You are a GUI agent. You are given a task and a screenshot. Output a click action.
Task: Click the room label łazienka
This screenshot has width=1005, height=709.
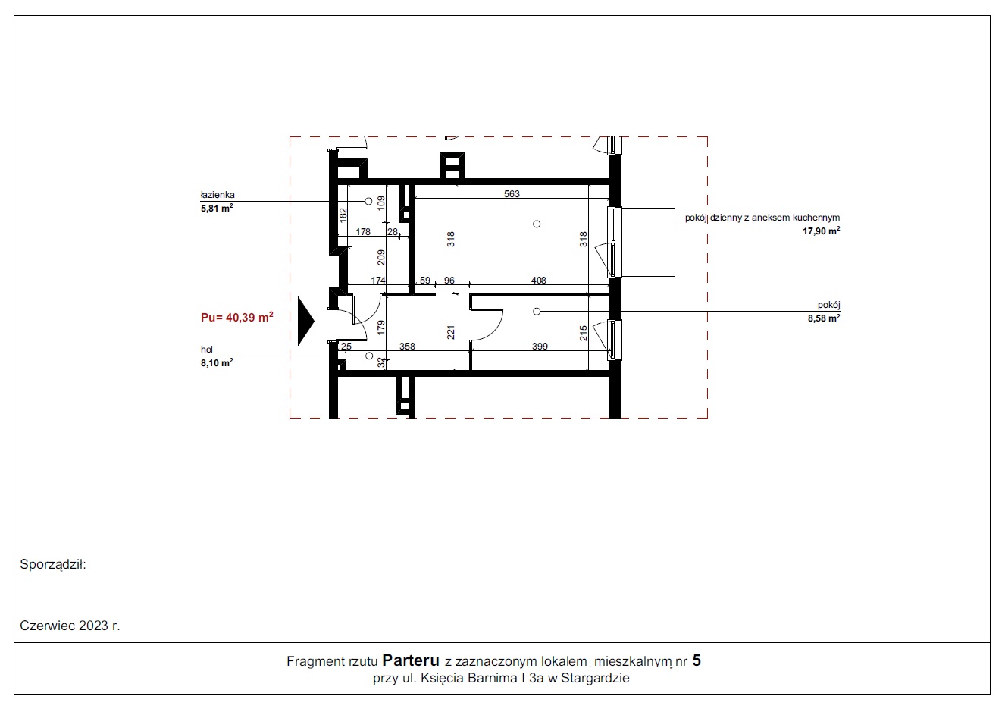point(218,195)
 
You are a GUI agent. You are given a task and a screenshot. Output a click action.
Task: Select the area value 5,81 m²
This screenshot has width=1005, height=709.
point(217,208)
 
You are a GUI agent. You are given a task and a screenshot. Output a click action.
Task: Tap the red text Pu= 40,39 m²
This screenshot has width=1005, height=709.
point(237,318)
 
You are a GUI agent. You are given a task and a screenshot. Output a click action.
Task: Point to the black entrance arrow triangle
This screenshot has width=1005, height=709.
point(306,321)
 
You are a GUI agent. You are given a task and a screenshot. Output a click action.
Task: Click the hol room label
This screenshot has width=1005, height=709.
point(207,350)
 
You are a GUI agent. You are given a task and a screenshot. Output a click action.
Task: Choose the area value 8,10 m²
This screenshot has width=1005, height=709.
point(217,362)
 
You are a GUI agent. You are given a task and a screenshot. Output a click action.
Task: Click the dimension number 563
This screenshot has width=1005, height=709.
point(512,193)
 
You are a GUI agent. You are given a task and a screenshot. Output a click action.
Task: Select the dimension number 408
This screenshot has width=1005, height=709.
point(538,280)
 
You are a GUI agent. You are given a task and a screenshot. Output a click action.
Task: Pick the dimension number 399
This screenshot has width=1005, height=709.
point(540,347)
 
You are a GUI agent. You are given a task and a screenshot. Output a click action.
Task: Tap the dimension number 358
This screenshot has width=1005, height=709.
point(407,347)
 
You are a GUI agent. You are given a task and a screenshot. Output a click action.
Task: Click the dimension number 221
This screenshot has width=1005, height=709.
point(451,332)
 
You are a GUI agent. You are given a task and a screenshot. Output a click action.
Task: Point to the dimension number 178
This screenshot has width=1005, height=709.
point(363,232)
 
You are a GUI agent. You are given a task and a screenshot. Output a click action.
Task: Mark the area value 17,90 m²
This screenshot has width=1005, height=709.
point(821,231)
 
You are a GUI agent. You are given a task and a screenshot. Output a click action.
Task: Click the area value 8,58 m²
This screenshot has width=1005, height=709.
point(824,318)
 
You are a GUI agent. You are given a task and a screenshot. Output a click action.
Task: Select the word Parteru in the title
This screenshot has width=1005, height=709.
point(411,660)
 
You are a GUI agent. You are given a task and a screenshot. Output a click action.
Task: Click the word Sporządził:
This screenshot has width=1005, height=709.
point(53,565)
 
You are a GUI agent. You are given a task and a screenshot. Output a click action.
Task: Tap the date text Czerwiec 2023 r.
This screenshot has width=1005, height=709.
point(70,626)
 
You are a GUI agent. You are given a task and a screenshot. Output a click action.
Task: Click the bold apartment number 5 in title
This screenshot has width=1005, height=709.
point(697,660)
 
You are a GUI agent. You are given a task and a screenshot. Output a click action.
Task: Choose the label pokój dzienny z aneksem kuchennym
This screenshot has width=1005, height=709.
point(762,218)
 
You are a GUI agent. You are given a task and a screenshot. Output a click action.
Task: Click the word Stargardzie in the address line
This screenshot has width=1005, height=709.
point(595,678)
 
